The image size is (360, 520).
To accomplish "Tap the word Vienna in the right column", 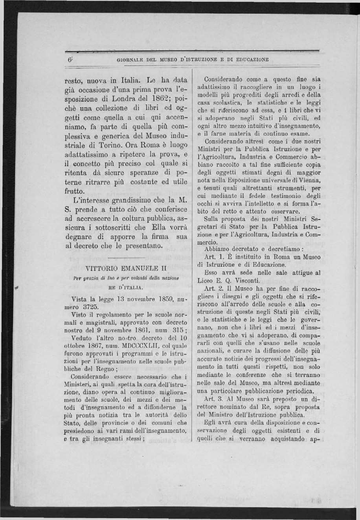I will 311,180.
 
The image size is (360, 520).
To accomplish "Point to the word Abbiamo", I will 217,249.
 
